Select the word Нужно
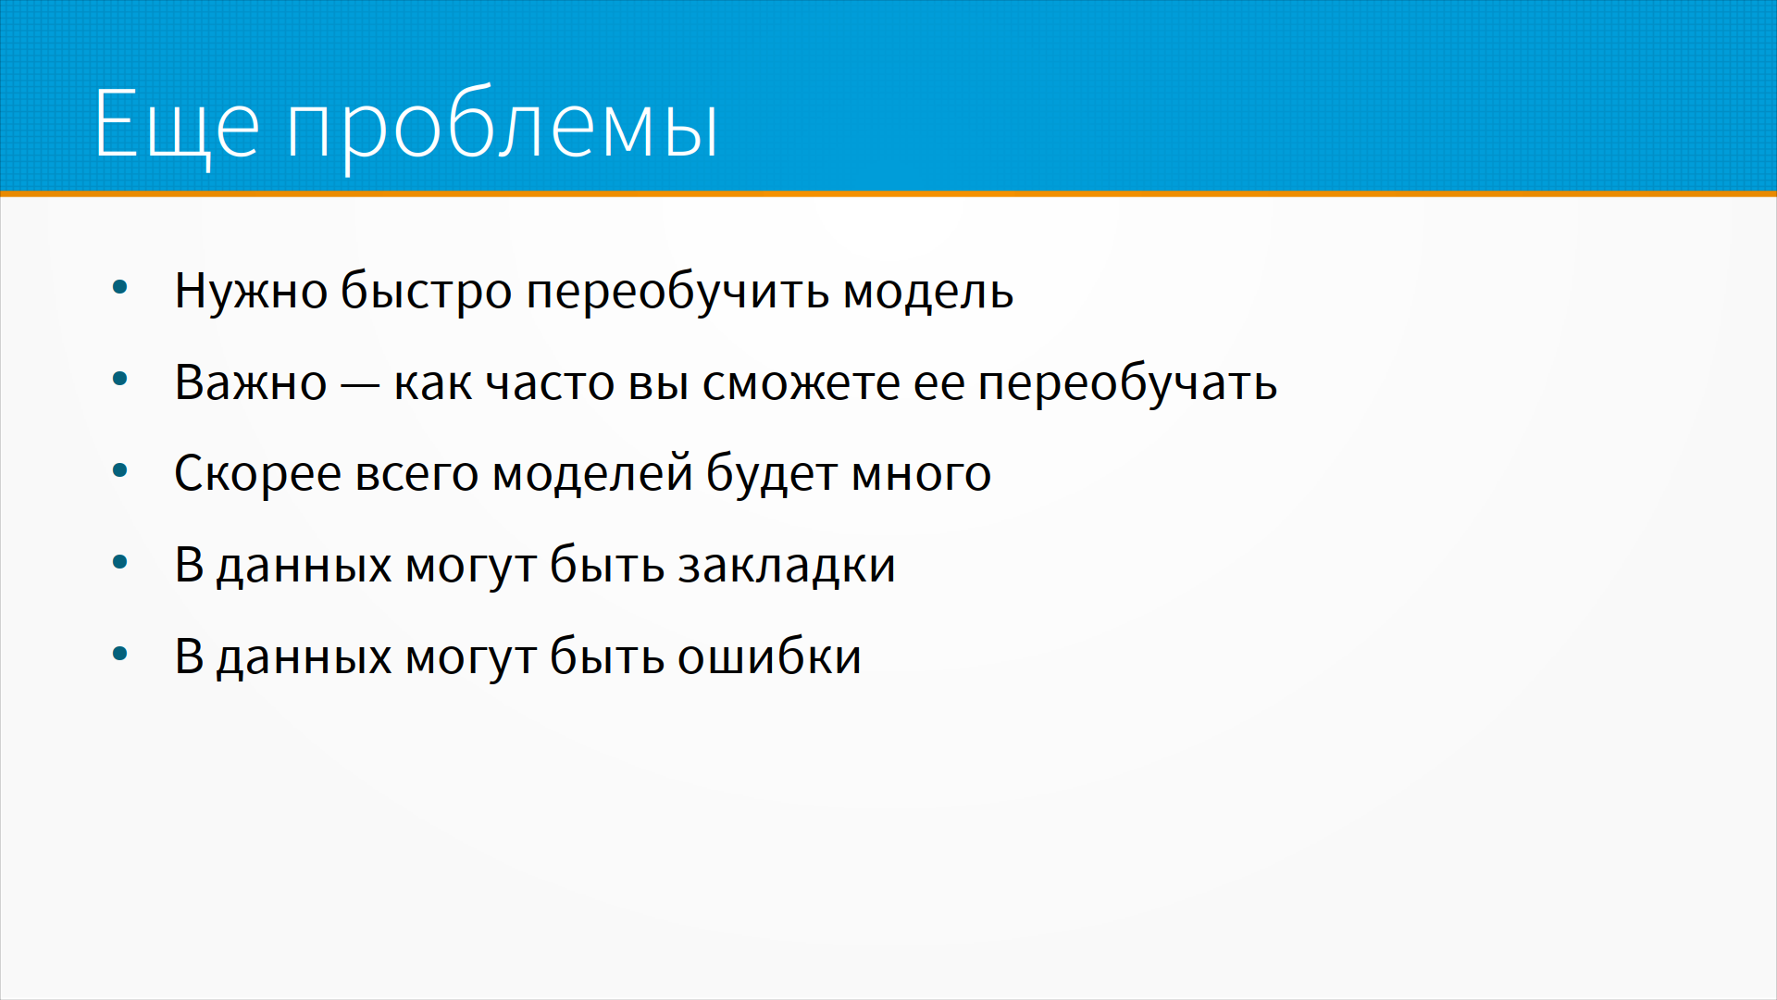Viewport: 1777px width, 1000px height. [251, 291]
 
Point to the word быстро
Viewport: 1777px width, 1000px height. [427, 291]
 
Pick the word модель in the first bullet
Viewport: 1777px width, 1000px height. [928, 291]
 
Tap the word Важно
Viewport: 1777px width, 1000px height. [251, 382]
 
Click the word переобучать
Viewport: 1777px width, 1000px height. [1127, 382]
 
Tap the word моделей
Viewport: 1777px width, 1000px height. [592, 474]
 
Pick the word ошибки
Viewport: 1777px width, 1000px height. [769, 656]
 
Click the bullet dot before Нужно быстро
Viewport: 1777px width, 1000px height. [119, 287]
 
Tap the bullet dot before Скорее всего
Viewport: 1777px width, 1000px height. [119, 470]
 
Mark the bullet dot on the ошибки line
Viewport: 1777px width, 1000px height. [119, 654]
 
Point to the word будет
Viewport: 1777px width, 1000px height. [772, 474]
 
